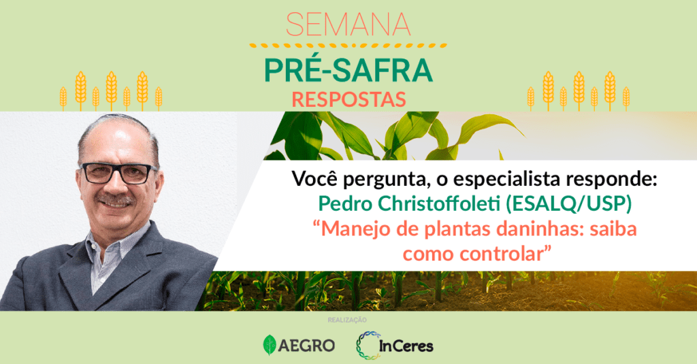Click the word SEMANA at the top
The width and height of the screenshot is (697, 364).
click(348, 24)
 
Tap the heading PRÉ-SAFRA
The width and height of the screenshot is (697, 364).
click(348, 70)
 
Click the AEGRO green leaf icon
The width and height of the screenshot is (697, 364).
click(270, 345)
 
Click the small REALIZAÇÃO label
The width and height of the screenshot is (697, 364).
click(347, 320)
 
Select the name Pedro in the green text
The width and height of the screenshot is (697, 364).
click(345, 204)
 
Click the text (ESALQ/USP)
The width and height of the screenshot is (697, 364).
click(568, 204)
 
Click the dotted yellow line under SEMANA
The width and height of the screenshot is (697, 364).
click(348, 46)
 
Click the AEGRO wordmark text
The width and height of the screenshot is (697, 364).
click(306, 346)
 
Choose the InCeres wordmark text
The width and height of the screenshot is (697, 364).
click(406, 346)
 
